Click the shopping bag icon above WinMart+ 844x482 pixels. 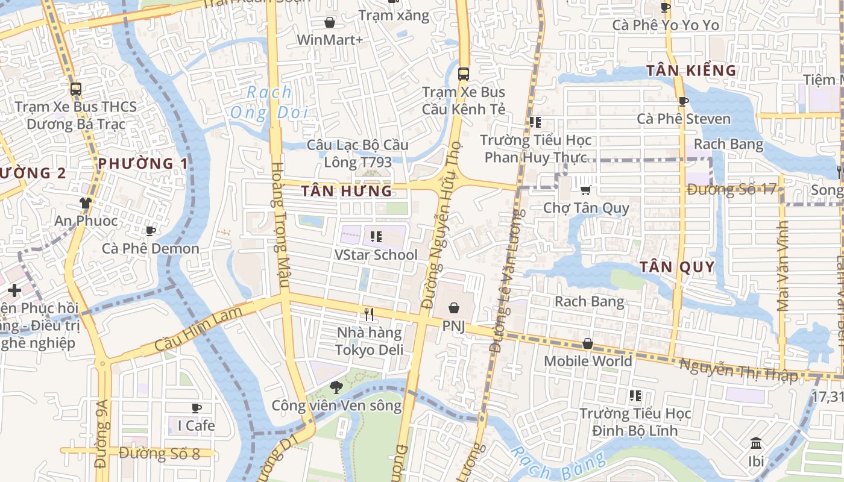330,23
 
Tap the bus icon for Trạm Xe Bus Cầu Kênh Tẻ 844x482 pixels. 463,74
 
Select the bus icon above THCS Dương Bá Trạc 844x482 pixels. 76,89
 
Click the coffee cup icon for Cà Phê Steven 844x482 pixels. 683,101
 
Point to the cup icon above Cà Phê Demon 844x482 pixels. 151,231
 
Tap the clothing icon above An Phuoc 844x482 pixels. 86,202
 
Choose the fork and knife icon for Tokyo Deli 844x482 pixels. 369,314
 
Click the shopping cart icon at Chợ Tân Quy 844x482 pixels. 585,190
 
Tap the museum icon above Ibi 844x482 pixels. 756,444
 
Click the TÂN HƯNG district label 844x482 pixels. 347,192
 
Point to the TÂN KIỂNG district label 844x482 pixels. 691,70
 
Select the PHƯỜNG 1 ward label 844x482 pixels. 143,163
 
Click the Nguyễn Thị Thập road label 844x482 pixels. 738,370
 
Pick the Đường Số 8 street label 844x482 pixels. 159,454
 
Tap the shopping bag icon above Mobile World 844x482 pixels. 588,343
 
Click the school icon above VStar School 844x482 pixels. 376,237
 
